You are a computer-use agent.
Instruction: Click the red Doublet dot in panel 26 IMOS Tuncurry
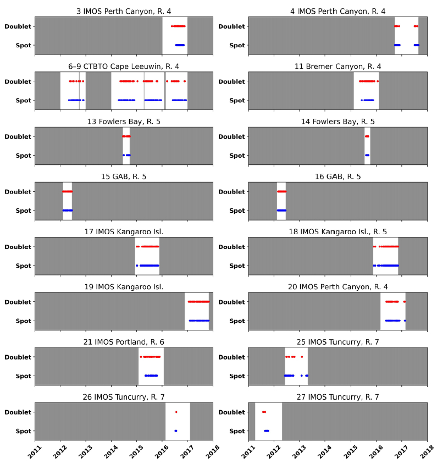(176, 412)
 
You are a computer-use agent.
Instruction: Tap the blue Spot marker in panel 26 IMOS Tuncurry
(175, 431)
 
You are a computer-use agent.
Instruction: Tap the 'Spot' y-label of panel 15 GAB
(24, 211)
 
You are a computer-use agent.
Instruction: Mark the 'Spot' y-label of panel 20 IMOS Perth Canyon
(237, 321)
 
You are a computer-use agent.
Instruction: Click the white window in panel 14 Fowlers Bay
(367, 146)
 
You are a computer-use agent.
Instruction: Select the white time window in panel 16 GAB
(281, 201)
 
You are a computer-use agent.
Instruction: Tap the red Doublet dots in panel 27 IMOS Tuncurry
(264, 412)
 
